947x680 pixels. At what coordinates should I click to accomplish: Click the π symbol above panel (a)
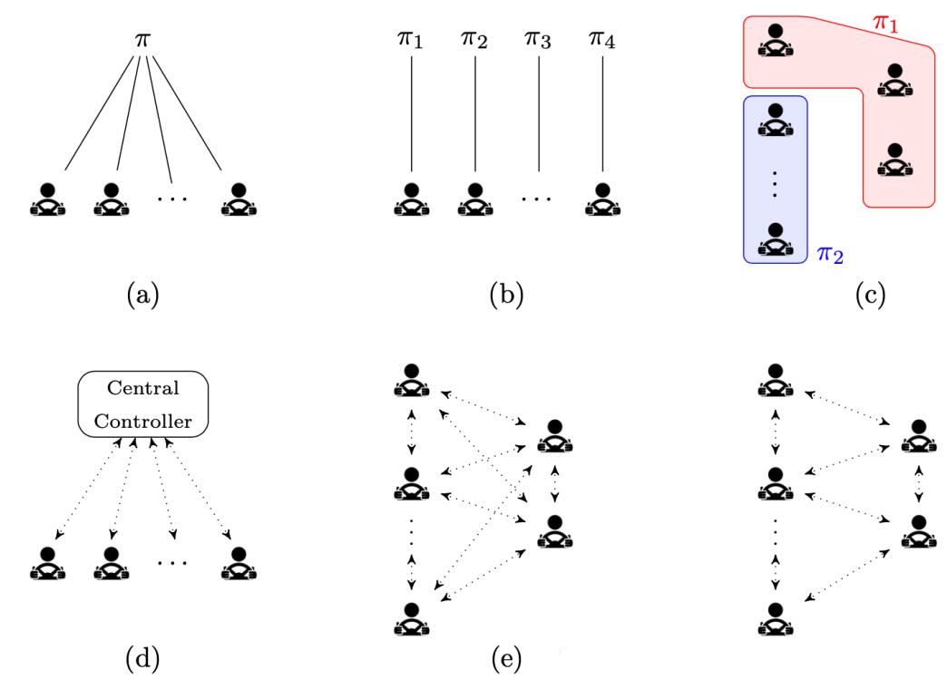tap(142, 43)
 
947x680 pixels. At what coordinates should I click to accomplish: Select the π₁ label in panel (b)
tap(411, 43)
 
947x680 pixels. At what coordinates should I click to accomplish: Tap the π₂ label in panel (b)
tap(474, 43)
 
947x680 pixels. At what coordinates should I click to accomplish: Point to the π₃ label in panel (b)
tap(539, 43)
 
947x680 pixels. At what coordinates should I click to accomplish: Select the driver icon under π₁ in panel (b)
tap(411, 199)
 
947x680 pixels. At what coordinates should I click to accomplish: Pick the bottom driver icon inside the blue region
tap(775, 237)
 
